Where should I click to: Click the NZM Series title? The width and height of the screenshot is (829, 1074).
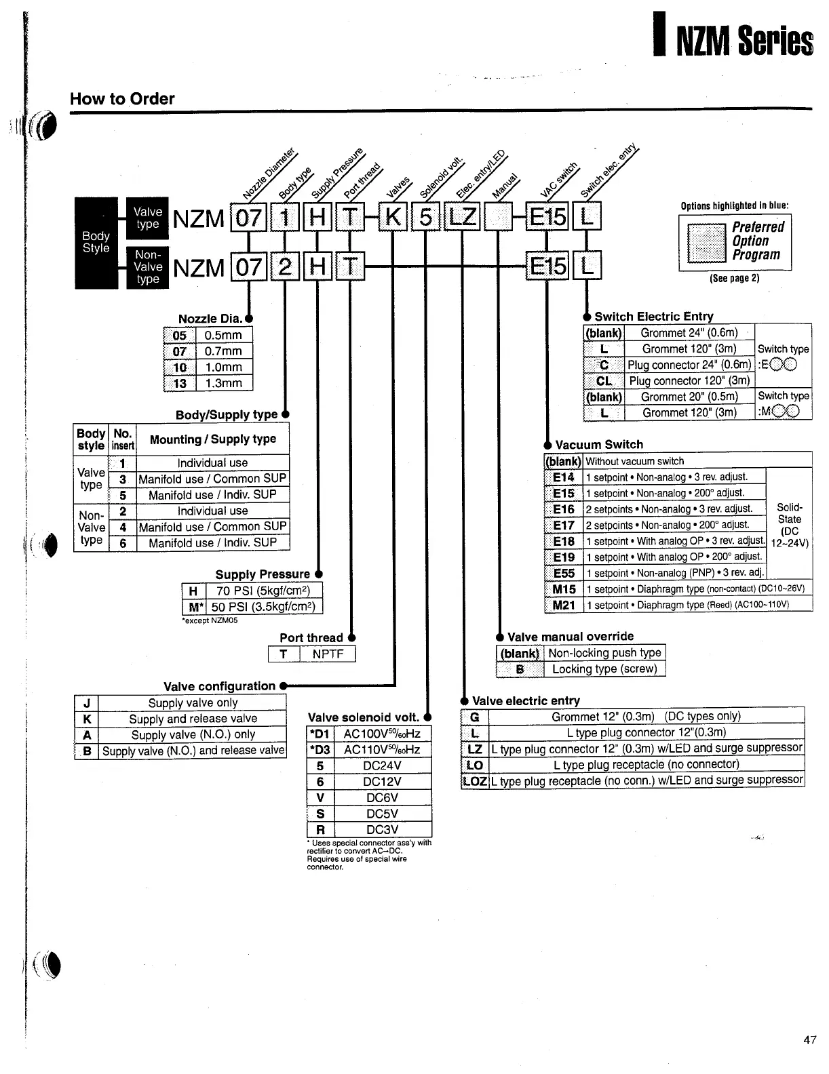click(x=744, y=41)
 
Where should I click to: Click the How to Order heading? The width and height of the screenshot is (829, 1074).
click(x=122, y=99)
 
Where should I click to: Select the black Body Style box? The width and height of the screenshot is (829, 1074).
click(x=96, y=242)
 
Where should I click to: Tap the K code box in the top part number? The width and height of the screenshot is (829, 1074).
click(x=393, y=218)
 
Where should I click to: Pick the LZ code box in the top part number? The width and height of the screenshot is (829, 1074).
click(x=461, y=218)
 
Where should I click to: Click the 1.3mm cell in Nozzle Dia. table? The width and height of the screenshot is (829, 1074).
click(x=223, y=383)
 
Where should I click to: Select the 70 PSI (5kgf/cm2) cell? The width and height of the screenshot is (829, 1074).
click(x=263, y=591)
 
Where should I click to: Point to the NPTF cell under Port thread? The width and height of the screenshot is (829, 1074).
click(x=328, y=654)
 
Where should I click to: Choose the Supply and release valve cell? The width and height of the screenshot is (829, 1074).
click(x=193, y=719)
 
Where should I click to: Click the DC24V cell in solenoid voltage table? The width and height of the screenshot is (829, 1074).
click(x=382, y=765)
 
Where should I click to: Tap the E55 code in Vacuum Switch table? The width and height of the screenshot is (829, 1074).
click(x=564, y=573)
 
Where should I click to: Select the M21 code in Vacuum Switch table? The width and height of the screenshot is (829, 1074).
click(x=564, y=605)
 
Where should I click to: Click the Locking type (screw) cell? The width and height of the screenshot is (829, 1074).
click(x=604, y=669)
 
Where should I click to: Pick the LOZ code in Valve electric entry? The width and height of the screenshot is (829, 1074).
click(x=475, y=780)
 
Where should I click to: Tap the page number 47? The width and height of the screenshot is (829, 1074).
click(x=809, y=1040)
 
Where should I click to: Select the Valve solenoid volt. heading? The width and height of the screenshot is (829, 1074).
click(x=364, y=717)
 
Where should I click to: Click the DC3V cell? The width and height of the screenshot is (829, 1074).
click(x=382, y=829)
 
